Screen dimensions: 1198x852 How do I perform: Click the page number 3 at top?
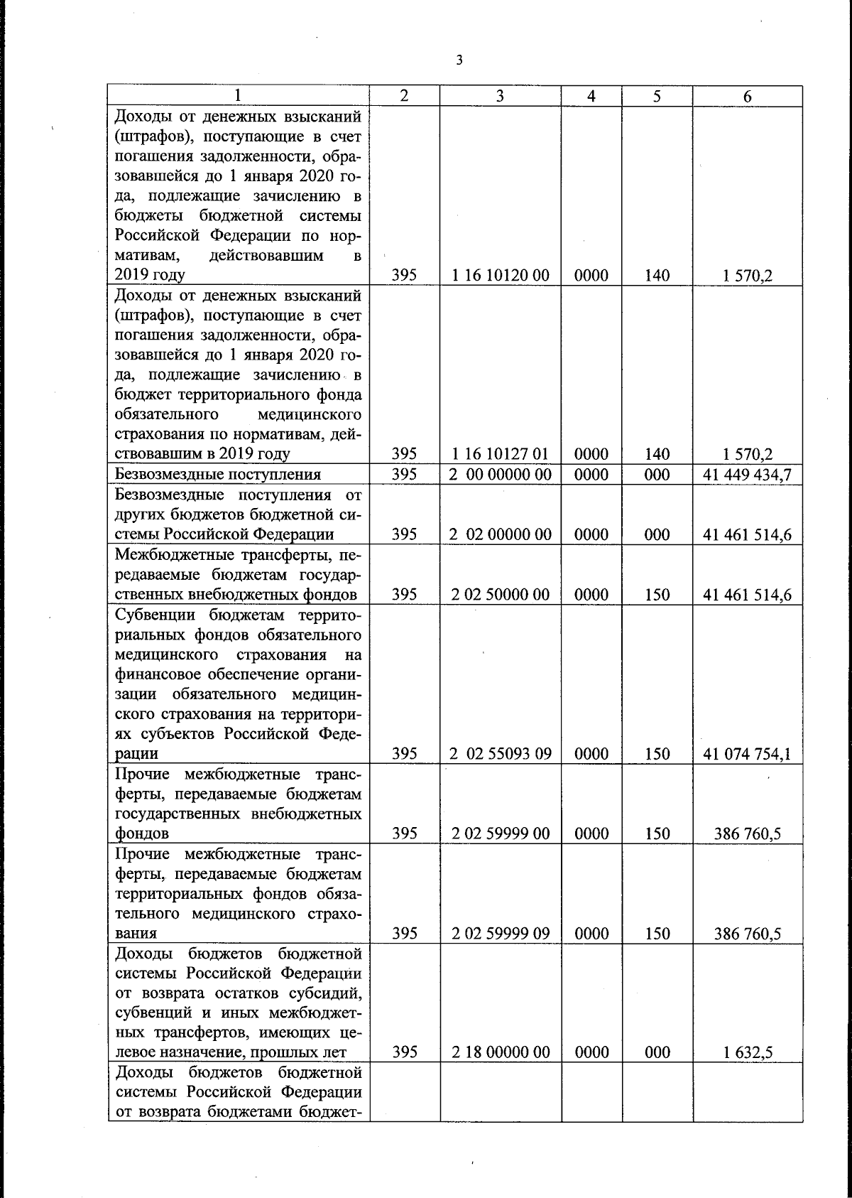459,60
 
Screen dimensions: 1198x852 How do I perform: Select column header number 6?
748,97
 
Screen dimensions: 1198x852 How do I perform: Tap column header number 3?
500,97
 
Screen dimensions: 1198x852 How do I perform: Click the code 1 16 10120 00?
500,276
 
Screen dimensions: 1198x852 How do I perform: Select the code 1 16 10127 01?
500,454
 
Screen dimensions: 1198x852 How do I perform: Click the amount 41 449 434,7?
747,474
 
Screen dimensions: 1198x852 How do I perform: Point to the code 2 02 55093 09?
500,754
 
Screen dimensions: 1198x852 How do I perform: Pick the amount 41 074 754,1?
747,754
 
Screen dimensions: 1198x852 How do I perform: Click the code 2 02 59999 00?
500,833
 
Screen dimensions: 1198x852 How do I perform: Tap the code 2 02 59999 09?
500,934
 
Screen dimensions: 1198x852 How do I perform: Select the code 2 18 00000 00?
500,1052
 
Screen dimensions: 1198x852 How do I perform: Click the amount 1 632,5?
748,1052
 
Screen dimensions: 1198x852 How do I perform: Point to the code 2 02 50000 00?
500,595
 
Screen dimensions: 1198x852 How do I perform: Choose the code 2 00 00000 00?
500,474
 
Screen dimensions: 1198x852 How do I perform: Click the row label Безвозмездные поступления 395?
217,474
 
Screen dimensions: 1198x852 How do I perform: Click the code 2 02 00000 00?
500,534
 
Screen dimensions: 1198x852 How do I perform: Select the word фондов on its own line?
141,833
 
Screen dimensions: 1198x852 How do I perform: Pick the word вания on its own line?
136,934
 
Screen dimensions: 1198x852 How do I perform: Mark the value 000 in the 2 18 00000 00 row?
657,1052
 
